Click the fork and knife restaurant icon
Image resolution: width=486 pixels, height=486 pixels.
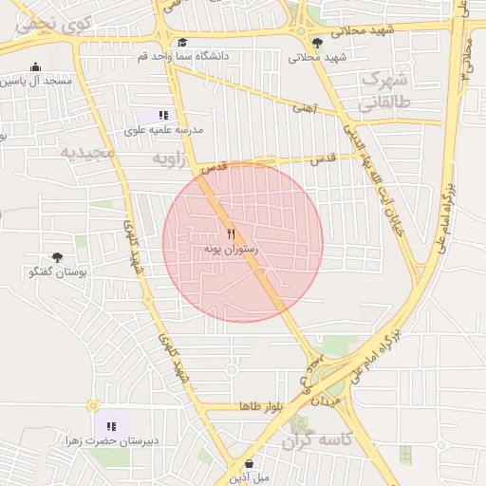(232, 233)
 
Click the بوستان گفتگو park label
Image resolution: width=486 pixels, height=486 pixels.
(60, 272)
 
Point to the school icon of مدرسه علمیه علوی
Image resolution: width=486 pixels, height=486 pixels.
(163, 115)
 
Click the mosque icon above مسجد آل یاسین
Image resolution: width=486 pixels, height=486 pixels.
(36, 66)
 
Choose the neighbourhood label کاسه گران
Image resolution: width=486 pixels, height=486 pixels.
(318, 439)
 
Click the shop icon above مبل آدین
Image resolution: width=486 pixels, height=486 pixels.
(249, 463)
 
